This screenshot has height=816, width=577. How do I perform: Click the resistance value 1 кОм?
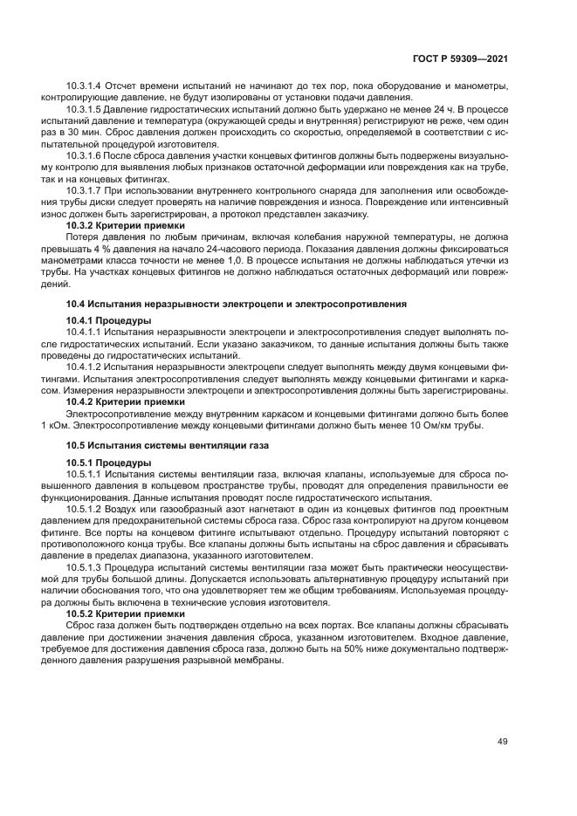pyautogui.click(x=53, y=424)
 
